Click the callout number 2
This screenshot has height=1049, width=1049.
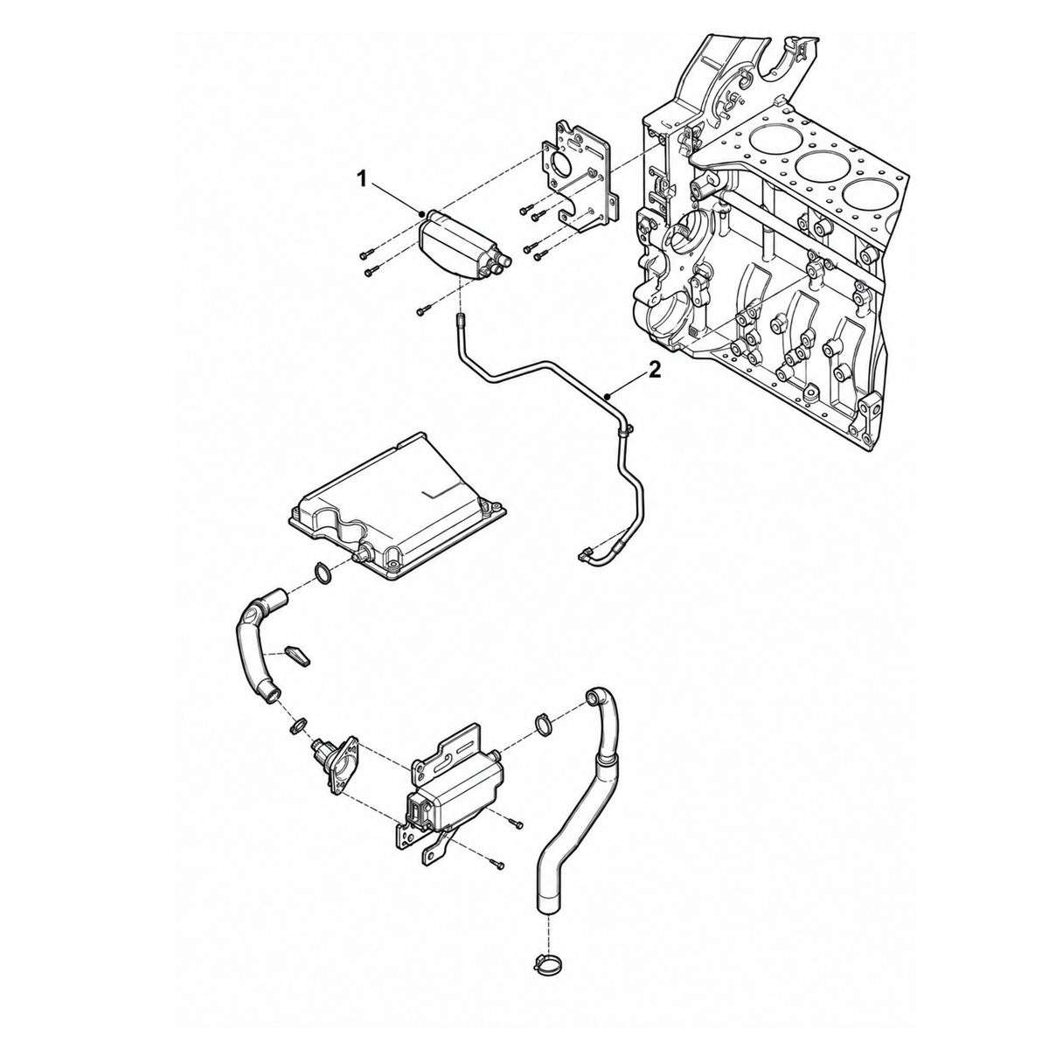(x=654, y=371)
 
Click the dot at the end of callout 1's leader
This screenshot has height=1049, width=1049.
(x=422, y=214)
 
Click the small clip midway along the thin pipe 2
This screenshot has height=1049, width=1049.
(x=626, y=431)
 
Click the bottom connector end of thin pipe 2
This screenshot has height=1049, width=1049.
(x=585, y=554)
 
